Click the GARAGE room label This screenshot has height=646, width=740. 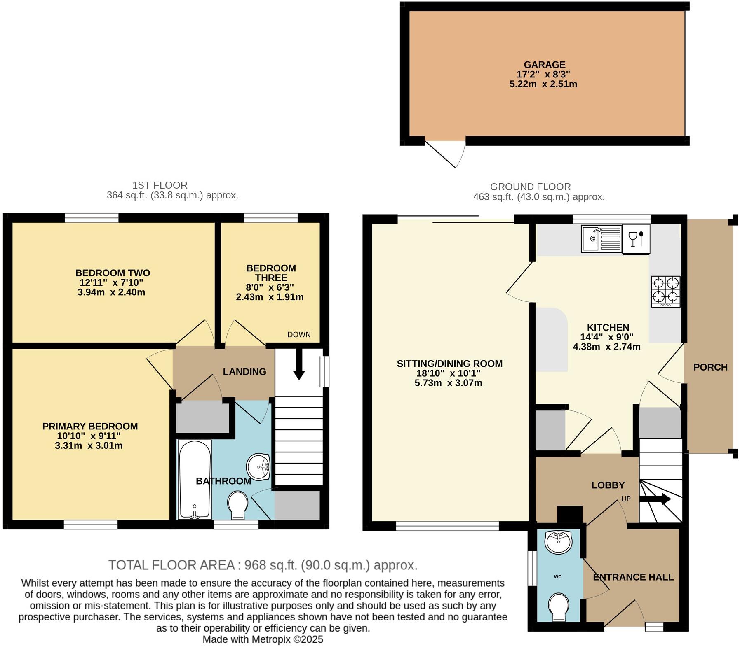tap(544, 65)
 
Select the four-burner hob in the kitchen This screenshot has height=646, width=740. tap(665, 291)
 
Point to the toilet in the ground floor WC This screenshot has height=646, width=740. tap(559, 606)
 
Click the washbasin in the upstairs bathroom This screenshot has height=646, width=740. tap(258, 467)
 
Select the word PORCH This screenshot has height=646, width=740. tap(710, 367)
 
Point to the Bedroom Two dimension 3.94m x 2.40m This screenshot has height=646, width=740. tap(111, 292)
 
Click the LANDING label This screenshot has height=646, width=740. tap(244, 372)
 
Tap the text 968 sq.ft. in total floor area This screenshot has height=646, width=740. tap(270, 565)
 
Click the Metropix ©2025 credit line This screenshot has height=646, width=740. tap(263, 639)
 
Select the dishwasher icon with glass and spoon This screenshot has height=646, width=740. tap(636, 238)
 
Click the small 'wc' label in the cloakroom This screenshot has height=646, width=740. tap(557, 576)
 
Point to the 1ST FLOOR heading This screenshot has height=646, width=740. tap(160, 185)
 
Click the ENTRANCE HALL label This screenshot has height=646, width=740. tap(633, 577)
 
